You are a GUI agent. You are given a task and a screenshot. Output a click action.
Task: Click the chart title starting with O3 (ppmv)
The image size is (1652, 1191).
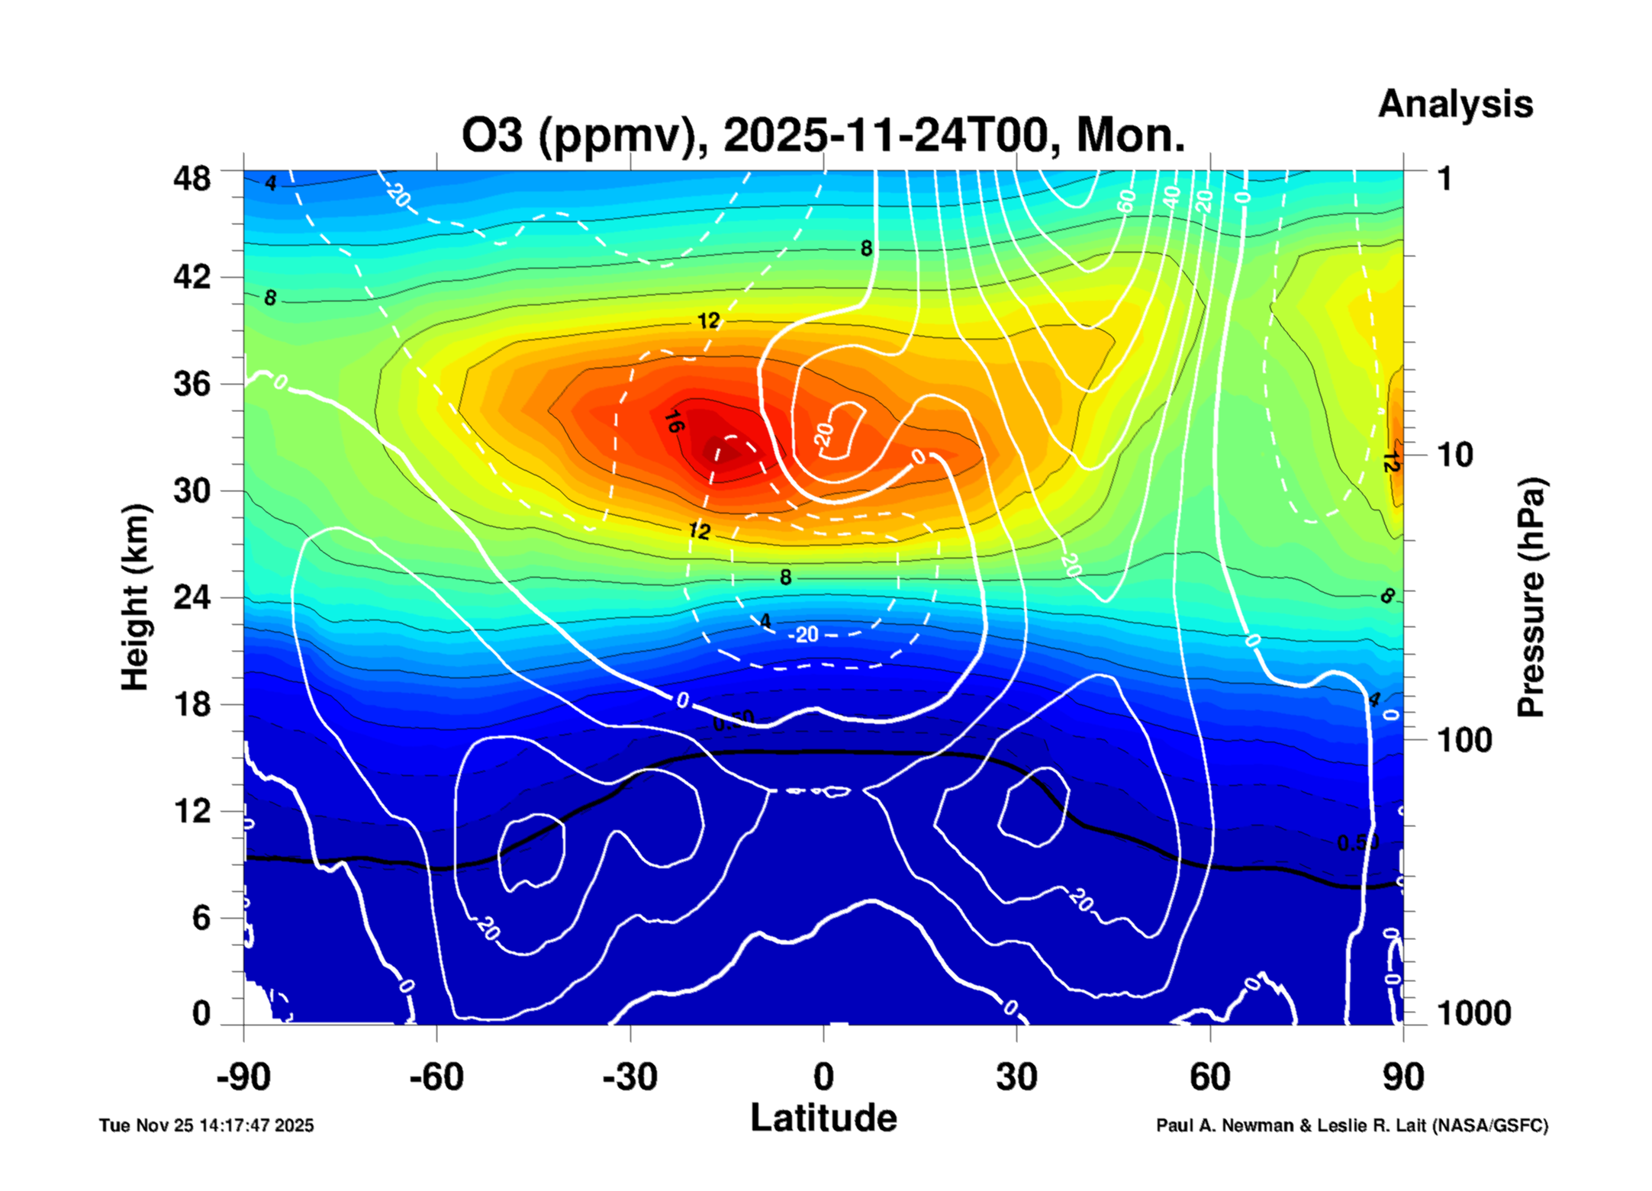pos(823,136)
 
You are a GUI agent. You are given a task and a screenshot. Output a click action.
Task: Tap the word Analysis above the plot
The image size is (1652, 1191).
pos(1455,104)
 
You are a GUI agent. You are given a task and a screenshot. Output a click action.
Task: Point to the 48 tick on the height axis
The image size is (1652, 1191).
pos(192,179)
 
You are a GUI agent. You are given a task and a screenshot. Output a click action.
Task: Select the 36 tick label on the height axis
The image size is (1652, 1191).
pos(192,383)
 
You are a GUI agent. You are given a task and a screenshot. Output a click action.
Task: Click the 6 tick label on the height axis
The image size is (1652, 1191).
pos(201,918)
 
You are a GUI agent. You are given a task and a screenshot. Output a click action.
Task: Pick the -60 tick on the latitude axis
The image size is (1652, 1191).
pos(436,1077)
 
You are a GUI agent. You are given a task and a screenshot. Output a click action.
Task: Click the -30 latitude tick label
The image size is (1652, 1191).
pos(630,1077)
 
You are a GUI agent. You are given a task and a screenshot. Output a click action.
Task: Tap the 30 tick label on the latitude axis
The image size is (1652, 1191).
pos(1016,1077)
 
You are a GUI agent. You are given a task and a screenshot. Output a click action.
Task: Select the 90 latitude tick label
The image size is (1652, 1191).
pos(1402,1077)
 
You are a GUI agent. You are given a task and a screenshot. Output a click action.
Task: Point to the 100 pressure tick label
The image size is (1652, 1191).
pos(1464,740)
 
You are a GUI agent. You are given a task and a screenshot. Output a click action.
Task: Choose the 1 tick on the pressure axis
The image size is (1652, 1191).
pos(1444,179)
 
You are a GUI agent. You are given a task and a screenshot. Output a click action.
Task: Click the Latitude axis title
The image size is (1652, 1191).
pos(823,1119)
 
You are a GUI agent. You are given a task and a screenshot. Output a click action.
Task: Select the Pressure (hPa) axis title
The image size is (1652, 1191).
pos(1530,597)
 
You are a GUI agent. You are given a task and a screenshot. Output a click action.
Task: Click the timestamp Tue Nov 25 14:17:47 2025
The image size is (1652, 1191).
pos(206,1125)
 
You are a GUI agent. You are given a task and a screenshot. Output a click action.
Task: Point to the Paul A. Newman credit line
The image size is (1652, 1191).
pos(1351,1125)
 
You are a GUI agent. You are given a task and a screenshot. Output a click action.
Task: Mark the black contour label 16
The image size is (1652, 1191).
pos(673,421)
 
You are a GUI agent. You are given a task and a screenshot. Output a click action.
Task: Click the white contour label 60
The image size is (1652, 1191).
pos(1125,201)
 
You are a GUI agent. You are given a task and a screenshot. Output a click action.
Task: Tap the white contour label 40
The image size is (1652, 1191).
pos(1171,197)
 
